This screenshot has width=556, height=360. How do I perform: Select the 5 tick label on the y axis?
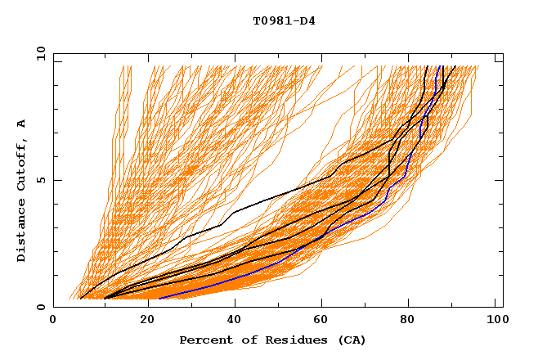click(40, 180)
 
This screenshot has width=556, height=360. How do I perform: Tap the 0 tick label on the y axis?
click(40, 307)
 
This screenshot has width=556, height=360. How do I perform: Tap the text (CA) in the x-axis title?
click(352, 340)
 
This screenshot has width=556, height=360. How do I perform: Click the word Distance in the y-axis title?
click(21, 233)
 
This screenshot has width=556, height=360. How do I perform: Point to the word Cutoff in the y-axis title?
click(21, 164)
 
